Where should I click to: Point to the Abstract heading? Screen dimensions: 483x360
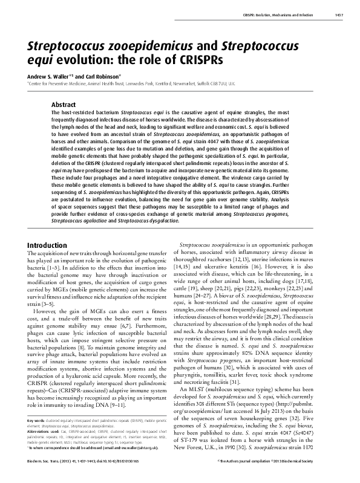(x=64, y=104)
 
